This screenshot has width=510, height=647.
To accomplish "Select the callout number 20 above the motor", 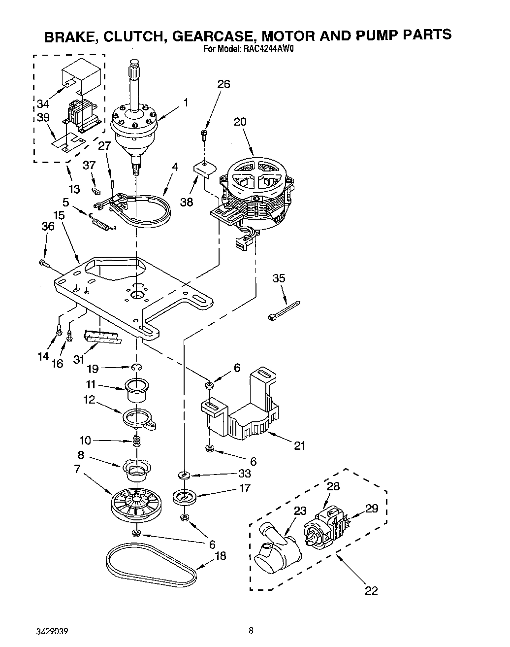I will (240, 122).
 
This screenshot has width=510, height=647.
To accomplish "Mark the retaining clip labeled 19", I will (137, 367).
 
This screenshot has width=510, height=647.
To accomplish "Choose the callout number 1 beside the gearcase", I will (186, 102).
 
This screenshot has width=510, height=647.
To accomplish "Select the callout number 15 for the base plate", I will (59, 215).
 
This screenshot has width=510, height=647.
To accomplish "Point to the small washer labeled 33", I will (185, 475).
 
